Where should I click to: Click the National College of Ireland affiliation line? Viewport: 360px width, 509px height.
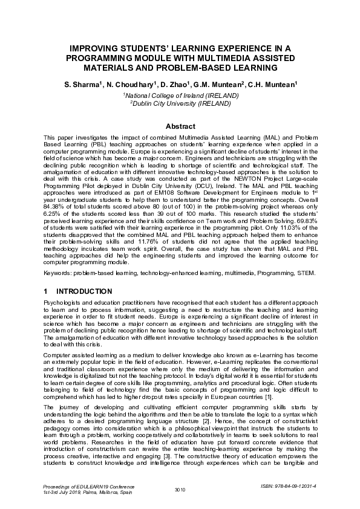[x=180, y=96]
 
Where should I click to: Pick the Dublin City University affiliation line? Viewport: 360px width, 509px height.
[x=180, y=103]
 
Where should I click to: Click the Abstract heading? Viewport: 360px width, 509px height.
[x=180, y=126]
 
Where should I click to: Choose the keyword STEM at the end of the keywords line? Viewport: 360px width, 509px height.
[x=306, y=273]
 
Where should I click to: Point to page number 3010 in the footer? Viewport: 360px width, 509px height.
[x=180, y=488]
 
